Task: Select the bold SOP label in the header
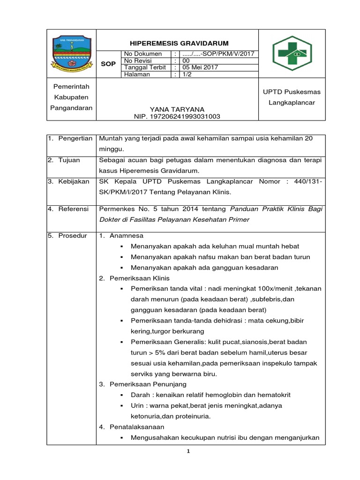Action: [108, 64]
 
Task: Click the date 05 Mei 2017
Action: [197, 67]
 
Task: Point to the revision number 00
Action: [186, 60]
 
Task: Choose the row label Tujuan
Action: [69, 160]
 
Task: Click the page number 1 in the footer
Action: [188, 451]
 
